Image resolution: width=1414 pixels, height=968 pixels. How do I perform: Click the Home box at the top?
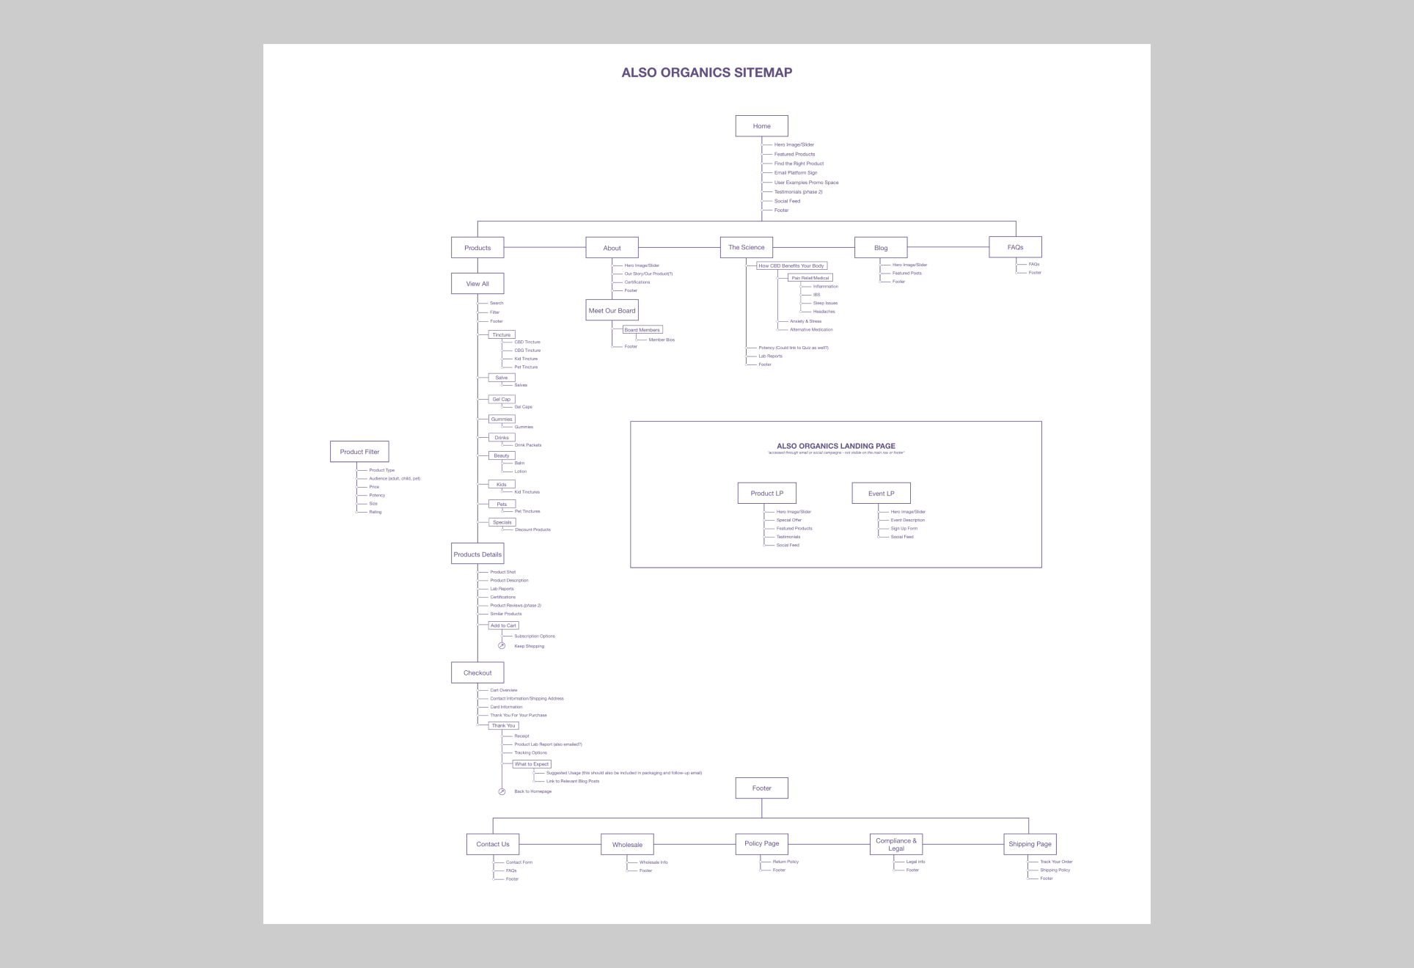(x=761, y=126)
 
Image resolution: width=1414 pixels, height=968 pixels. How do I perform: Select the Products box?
(x=477, y=248)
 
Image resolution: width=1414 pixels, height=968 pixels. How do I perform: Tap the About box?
(x=612, y=248)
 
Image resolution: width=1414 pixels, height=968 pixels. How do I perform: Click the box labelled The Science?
(x=746, y=248)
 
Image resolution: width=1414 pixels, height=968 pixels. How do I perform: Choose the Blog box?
(x=881, y=248)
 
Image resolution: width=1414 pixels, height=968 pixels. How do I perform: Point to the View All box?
(x=477, y=284)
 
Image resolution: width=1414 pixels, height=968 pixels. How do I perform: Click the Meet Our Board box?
(x=612, y=311)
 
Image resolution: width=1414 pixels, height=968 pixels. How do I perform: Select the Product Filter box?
(x=359, y=452)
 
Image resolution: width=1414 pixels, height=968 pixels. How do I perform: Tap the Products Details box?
(x=477, y=554)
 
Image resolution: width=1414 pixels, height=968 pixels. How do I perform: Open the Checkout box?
(x=477, y=672)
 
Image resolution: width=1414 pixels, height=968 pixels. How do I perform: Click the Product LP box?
(x=766, y=494)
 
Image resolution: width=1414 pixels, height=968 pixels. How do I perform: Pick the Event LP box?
(x=881, y=494)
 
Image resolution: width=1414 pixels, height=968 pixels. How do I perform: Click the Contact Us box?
(x=493, y=844)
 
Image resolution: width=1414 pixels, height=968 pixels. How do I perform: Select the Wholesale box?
(x=627, y=845)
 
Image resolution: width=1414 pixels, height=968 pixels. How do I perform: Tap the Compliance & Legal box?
(x=896, y=844)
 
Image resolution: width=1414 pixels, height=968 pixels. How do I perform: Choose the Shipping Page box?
(x=1030, y=844)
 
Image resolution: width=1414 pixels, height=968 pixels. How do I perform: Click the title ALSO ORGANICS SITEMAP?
(x=706, y=73)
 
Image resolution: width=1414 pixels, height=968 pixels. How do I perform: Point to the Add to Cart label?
(x=503, y=626)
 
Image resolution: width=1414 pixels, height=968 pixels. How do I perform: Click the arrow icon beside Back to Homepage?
(x=502, y=792)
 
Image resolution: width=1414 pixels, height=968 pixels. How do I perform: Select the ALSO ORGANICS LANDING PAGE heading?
(x=835, y=446)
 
